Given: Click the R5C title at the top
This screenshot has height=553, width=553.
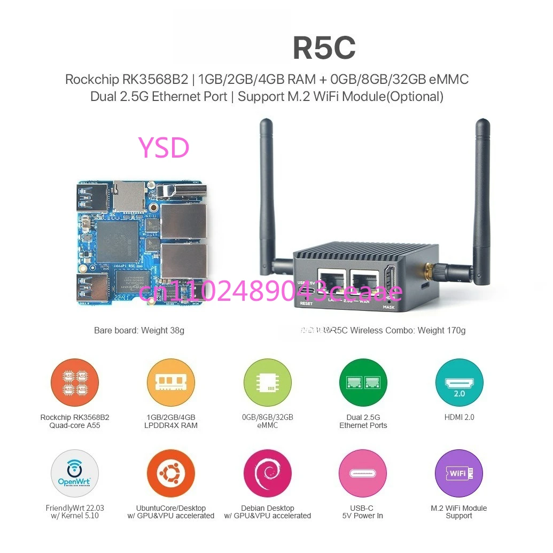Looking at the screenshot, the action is click(324, 48).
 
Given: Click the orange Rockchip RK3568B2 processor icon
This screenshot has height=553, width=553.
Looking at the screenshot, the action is click(75, 383).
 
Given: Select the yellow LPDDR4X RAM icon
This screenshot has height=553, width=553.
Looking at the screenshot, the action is click(171, 383).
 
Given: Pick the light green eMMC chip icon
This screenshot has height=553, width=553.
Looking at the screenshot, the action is click(267, 383).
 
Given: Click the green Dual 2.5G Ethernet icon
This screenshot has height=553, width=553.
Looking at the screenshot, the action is click(363, 383).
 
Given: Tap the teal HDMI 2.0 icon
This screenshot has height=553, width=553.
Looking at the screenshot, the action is click(459, 383).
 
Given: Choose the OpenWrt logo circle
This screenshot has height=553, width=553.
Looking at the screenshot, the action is click(75, 473).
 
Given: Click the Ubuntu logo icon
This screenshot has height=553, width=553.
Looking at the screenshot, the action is click(171, 473).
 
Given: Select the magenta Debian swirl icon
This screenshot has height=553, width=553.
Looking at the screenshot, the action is click(267, 473).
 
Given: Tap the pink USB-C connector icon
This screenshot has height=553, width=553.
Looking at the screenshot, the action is click(363, 473).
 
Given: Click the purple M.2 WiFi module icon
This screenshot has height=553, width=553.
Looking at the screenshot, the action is click(459, 473).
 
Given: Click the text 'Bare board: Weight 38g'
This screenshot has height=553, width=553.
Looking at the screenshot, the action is click(139, 330).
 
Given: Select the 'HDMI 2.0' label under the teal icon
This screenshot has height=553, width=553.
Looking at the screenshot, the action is click(459, 417).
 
